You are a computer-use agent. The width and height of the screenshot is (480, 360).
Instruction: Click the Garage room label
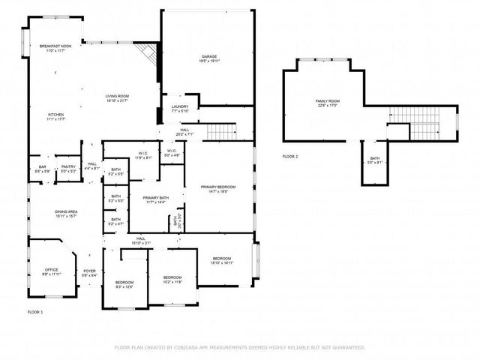[x=208, y=58]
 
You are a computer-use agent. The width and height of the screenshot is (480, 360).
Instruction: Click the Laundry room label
[x=179, y=109]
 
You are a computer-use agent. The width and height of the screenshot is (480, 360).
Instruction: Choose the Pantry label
[x=68, y=169]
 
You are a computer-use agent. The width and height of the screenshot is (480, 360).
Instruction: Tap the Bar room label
[x=43, y=169]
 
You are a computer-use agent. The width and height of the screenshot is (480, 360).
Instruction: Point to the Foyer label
[x=89, y=273]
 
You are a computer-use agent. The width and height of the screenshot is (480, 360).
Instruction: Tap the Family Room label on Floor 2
[x=327, y=103]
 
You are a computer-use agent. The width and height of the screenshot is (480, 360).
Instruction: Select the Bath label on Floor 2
[x=374, y=160]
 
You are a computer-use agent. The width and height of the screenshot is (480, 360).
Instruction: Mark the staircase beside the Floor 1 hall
[x=222, y=133]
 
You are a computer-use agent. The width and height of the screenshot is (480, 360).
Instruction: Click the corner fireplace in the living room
[x=151, y=54]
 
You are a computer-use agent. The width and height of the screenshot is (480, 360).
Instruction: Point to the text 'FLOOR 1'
[x=35, y=311]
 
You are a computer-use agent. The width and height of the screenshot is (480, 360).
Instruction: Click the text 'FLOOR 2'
[x=290, y=156]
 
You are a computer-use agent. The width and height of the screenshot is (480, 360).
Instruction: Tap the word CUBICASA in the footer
[x=195, y=347]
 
